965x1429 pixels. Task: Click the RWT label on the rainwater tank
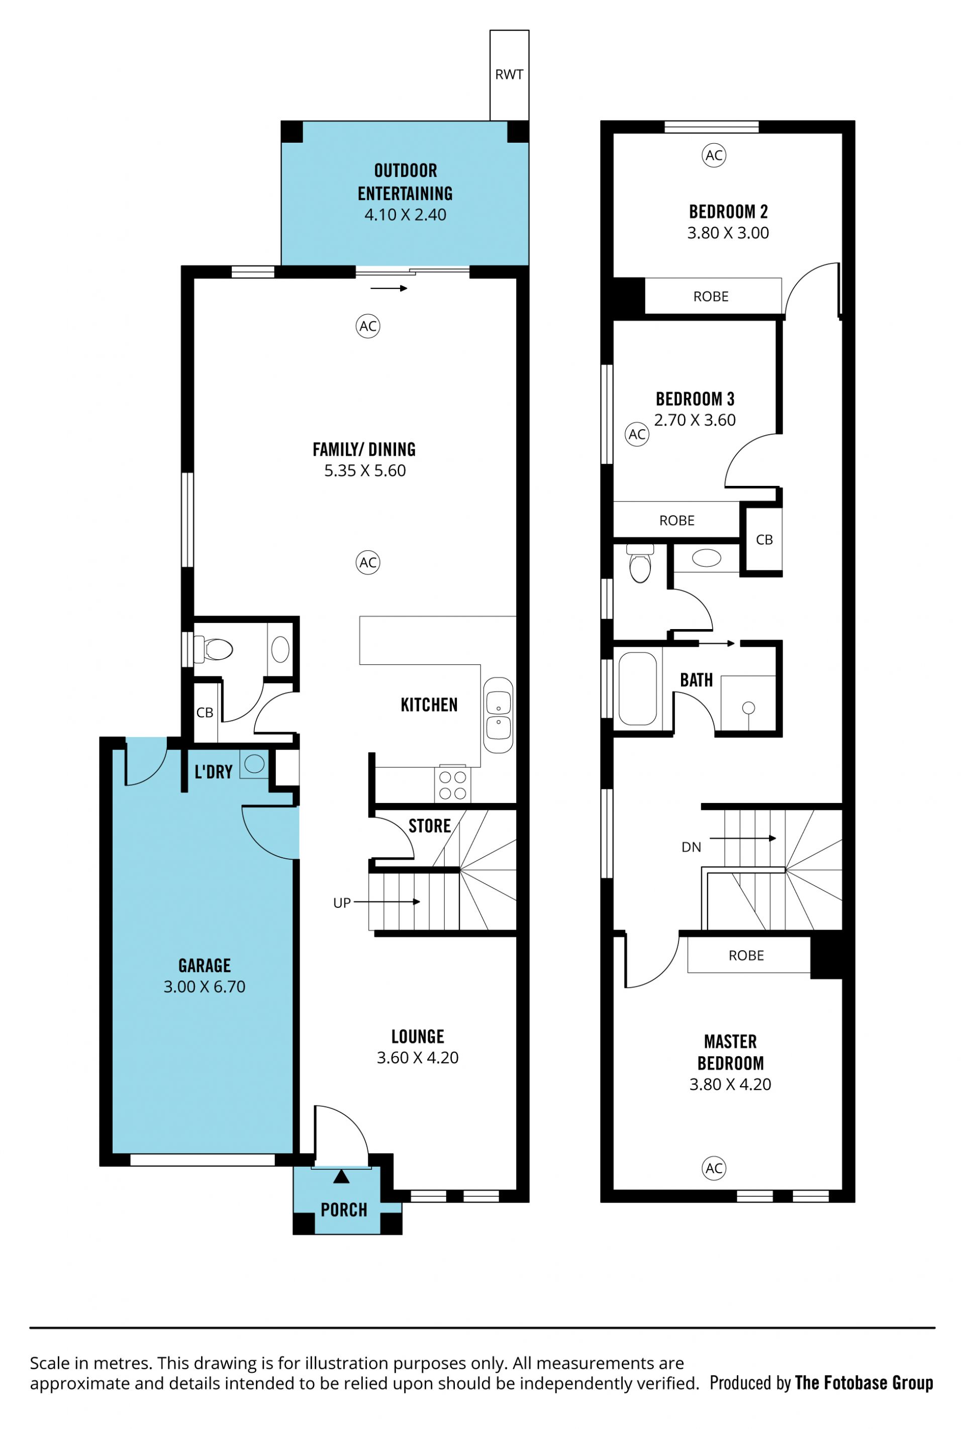coord(509,74)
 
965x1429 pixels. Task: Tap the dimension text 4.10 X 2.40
coord(405,215)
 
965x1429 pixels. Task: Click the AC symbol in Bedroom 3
coord(637,434)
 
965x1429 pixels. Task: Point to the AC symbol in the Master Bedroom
coord(714,1168)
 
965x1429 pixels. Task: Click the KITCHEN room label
coord(429,704)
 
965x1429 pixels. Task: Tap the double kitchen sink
coord(498,715)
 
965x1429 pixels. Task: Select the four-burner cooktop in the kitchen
coord(452,785)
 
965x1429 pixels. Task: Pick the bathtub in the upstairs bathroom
coord(637,689)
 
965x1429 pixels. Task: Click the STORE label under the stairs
coord(429,826)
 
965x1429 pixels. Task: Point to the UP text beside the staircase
coord(341,902)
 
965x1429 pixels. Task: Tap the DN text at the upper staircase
coord(691,847)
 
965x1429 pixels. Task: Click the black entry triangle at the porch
coord(341,1176)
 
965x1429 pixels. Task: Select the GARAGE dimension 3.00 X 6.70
coord(204,986)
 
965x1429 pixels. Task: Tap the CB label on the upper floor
coord(764,539)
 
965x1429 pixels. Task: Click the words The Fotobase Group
coord(863,1382)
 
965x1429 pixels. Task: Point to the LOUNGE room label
coord(418,1036)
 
